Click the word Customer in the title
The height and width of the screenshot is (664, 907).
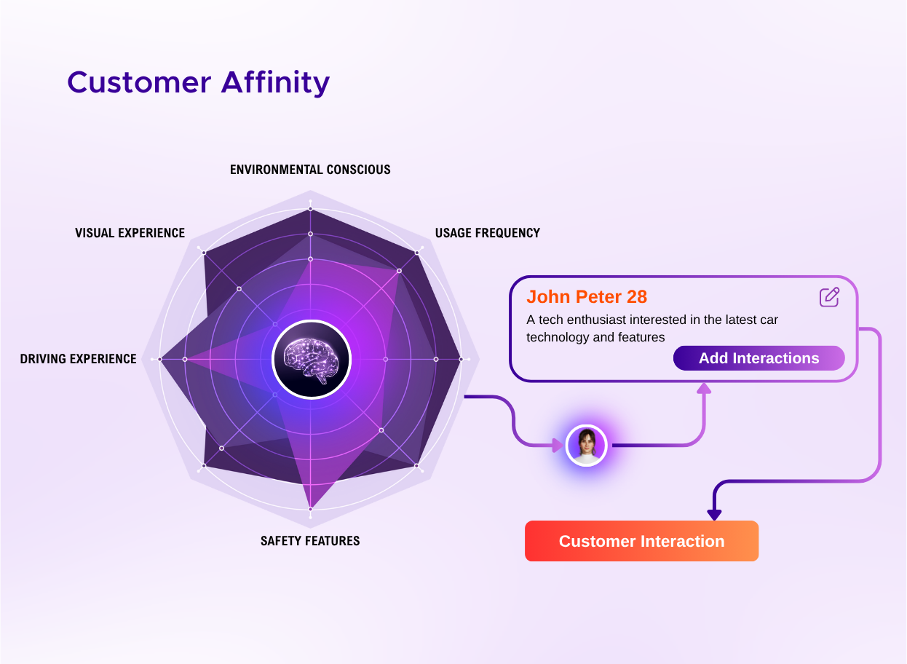[x=139, y=82]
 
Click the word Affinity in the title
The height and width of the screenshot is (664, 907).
[x=275, y=83]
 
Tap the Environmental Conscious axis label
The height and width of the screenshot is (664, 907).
[x=310, y=169]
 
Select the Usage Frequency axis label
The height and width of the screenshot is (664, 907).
[x=488, y=233]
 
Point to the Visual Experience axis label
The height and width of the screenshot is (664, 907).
[x=130, y=233]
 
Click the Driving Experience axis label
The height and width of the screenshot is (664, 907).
[x=78, y=359]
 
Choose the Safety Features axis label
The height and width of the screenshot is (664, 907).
[x=310, y=541]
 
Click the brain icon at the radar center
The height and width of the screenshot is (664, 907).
[x=311, y=360]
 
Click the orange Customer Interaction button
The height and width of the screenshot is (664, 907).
[x=642, y=541]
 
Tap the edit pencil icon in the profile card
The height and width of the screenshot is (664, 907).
[x=829, y=297]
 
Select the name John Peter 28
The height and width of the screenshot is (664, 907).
[x=587, y=297]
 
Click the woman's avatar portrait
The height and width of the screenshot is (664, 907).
[x=586, y=446]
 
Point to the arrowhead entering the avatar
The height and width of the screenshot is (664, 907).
[x=558, y=446]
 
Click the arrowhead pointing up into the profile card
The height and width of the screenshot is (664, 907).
[x=704, y=388]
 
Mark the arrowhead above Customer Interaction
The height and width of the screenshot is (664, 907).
[x=714, y=515]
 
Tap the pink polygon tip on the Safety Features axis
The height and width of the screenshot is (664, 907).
[x=311, y=508]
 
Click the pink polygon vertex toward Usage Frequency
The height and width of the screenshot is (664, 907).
[x=399, y=270]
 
